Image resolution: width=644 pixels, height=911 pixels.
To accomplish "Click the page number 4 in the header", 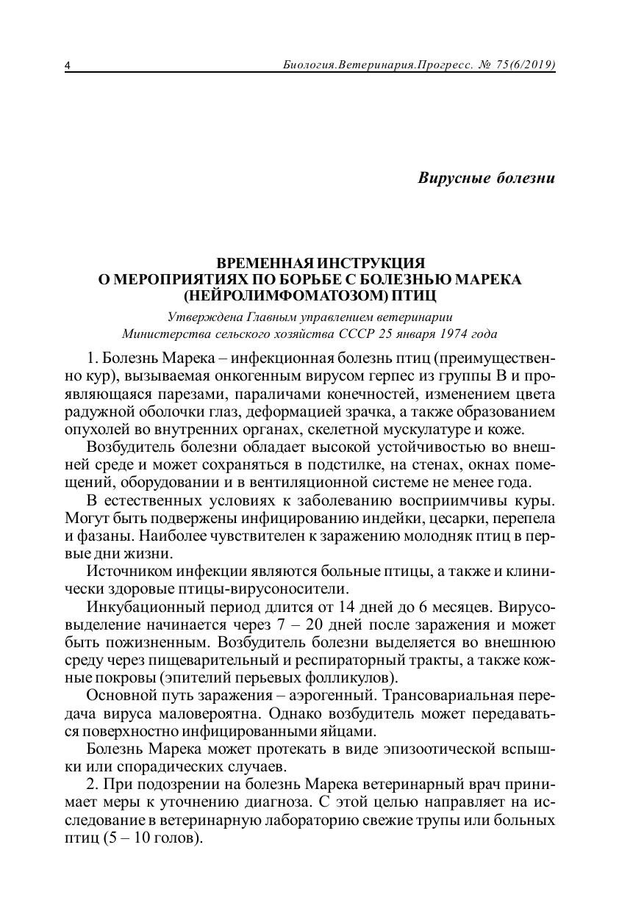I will pyautogui.click(x=68, y=66).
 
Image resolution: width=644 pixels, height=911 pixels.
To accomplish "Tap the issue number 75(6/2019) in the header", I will pyautogui.click(x=526, y=65).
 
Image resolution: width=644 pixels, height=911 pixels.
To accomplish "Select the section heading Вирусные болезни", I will pyautogui.click(x=486, y=178).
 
